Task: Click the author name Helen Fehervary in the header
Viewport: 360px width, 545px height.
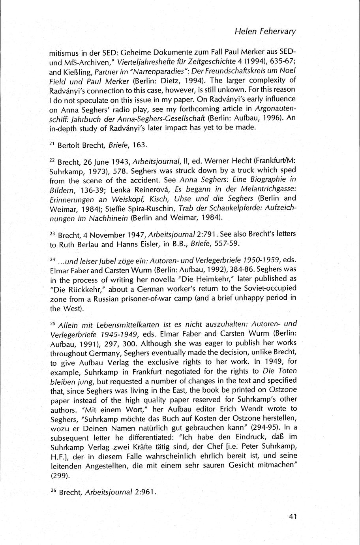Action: coord(265,32)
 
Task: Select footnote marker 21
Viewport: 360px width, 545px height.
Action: coord(52,143)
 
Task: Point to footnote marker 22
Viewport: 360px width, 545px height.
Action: coord(52,161)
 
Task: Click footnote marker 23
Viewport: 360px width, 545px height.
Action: coord(52,234)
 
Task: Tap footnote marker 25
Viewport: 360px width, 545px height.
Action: coord(52,323)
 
